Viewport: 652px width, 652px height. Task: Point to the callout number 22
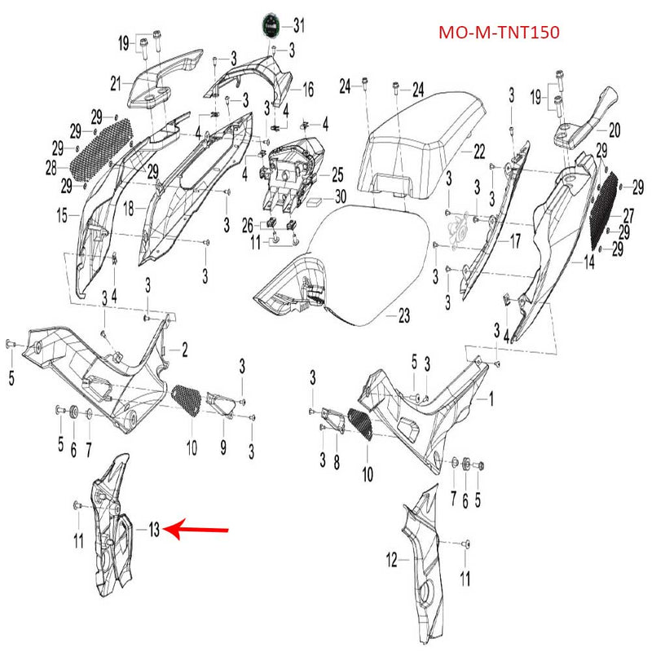coord(478,151)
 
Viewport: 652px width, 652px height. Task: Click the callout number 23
coord(403,315)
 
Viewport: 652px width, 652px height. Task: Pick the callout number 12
coord(391,560)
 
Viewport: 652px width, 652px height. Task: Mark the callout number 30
coord(340,196)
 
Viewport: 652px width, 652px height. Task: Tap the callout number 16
coord(308,89)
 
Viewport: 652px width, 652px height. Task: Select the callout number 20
coord(614,128)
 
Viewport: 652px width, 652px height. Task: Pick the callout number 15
coord(62,215)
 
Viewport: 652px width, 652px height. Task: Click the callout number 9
coord(222,447)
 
